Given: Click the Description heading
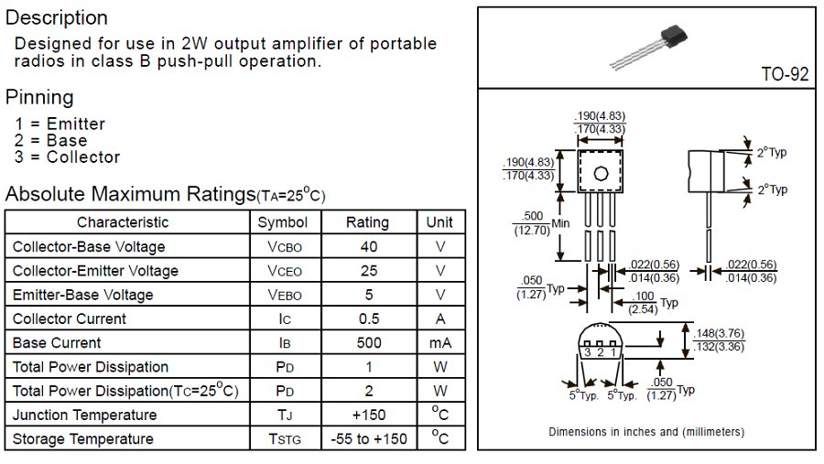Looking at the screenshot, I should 57,17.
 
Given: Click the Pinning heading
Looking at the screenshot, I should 39,97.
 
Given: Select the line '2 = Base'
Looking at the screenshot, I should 51,140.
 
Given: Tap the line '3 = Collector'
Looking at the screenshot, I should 67,156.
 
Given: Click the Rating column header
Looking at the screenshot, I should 367,222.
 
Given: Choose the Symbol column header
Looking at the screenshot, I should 283,222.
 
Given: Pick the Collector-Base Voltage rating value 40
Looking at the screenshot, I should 367,247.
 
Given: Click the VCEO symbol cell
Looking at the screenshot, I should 284,271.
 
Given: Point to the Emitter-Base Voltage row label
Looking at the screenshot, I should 82,295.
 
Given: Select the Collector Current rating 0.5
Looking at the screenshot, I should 367,318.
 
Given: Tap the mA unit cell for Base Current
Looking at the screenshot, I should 440,343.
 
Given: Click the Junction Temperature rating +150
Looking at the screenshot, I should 367,415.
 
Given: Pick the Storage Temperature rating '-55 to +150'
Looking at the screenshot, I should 367,439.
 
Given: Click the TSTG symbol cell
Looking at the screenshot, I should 284,439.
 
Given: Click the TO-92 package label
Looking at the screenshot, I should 786,74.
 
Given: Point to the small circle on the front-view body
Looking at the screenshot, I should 601,173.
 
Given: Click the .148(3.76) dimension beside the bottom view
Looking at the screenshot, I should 719,333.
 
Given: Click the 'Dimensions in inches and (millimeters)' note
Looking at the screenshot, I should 645,431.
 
